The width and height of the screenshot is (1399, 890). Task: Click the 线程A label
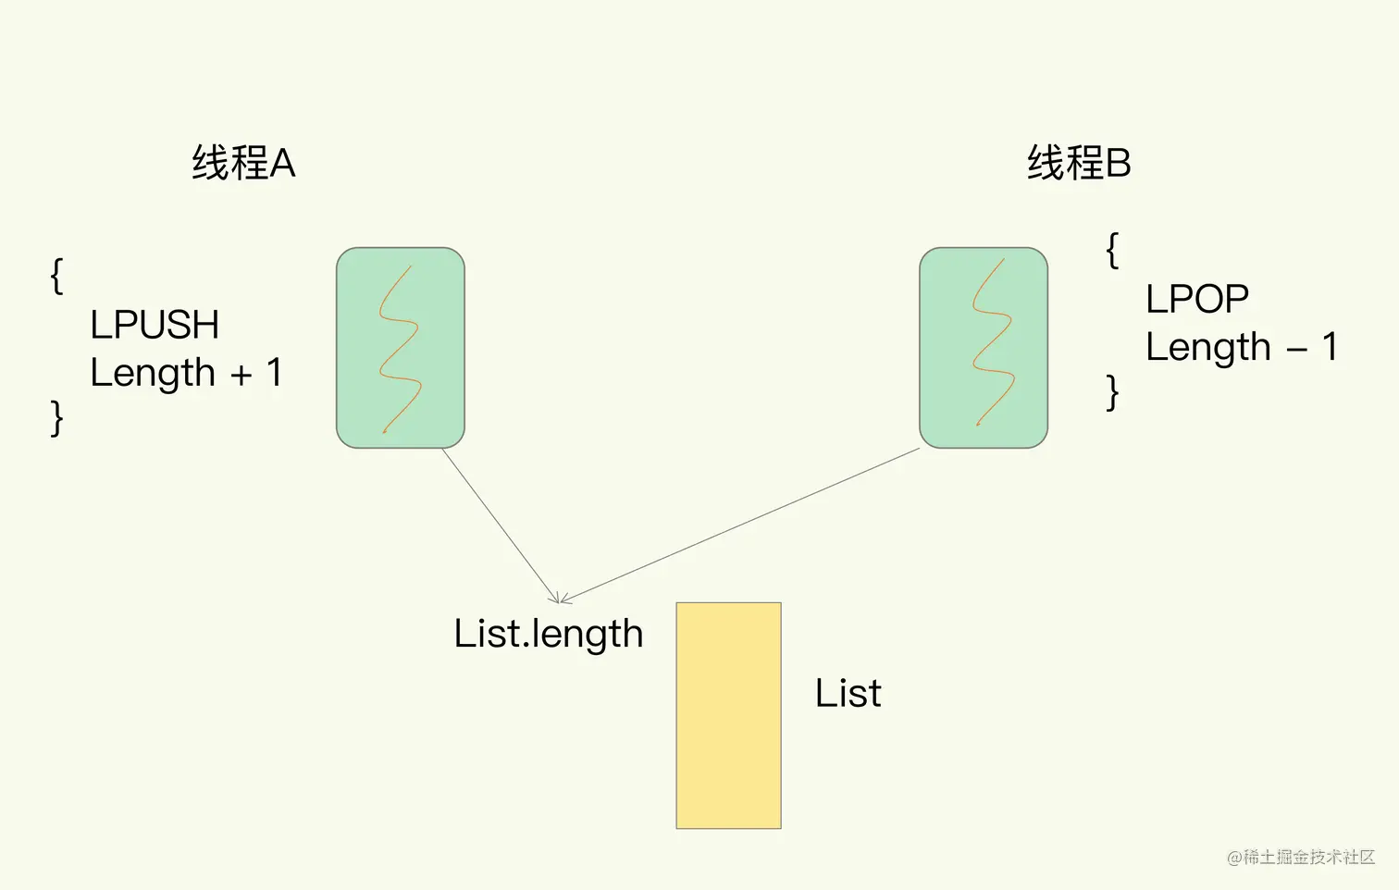point(243,164)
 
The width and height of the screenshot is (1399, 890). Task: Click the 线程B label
point(1079,164)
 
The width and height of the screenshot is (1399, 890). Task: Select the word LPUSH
point(155,325)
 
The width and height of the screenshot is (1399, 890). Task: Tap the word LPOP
point(1197,299)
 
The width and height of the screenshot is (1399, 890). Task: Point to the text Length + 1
point(186,373)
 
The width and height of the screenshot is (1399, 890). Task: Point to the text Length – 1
point(1242,347)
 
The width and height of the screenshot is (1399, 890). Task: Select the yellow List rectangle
point(728,715)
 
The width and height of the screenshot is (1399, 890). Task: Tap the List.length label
point(548,634)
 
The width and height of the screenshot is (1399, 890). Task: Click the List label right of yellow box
point(848,693)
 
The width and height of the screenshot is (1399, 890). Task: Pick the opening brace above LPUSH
point(57,276)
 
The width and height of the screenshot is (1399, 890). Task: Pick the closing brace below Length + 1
point(57,418)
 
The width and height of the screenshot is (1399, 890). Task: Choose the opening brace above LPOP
point(1112,250)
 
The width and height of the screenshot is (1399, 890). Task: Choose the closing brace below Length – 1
point(1112,392)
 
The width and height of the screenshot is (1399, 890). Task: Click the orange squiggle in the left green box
point(399,352)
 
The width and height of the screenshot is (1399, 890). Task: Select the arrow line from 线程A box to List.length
point(500,525)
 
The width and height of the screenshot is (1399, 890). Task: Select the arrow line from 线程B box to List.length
point(740,525)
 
